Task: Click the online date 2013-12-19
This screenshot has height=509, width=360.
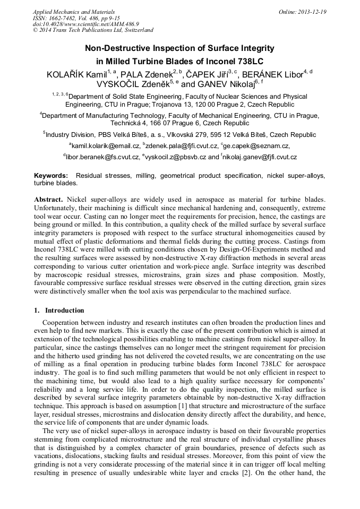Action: point(312,12)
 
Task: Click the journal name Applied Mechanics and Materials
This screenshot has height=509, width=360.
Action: point(73,12)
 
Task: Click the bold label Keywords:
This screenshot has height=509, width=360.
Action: point(51,175)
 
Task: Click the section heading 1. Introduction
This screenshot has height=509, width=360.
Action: point(59,310)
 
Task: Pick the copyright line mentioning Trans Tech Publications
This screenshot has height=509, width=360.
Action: point(93,30)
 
